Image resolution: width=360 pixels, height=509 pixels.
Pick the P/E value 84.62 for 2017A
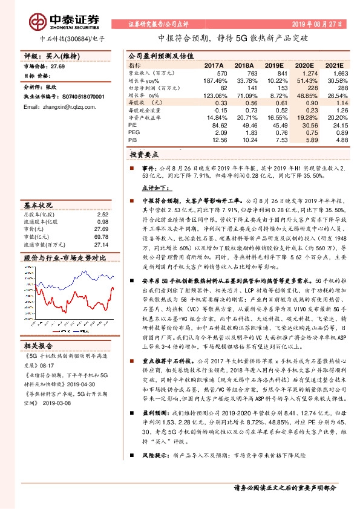[x=216, y=126]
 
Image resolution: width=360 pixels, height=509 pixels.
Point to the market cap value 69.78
[x=101, y=237]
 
